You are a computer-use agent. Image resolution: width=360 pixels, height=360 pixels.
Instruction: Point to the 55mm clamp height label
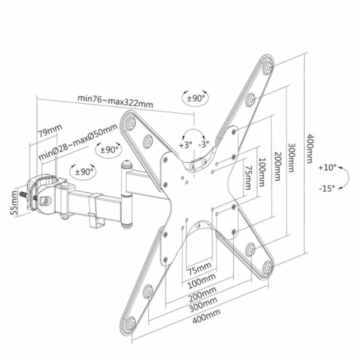pos(12,208)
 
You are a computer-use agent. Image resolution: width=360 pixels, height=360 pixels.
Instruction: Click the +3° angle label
pos(184,145)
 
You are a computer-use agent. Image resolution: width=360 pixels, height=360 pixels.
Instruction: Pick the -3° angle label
pos(204,145)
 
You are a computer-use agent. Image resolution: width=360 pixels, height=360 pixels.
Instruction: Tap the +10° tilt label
pos(327,168)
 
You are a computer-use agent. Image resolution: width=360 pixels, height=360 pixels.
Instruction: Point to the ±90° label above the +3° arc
pos(195,99)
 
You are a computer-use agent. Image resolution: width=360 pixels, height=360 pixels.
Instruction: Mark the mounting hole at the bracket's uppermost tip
pos(268,68)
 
